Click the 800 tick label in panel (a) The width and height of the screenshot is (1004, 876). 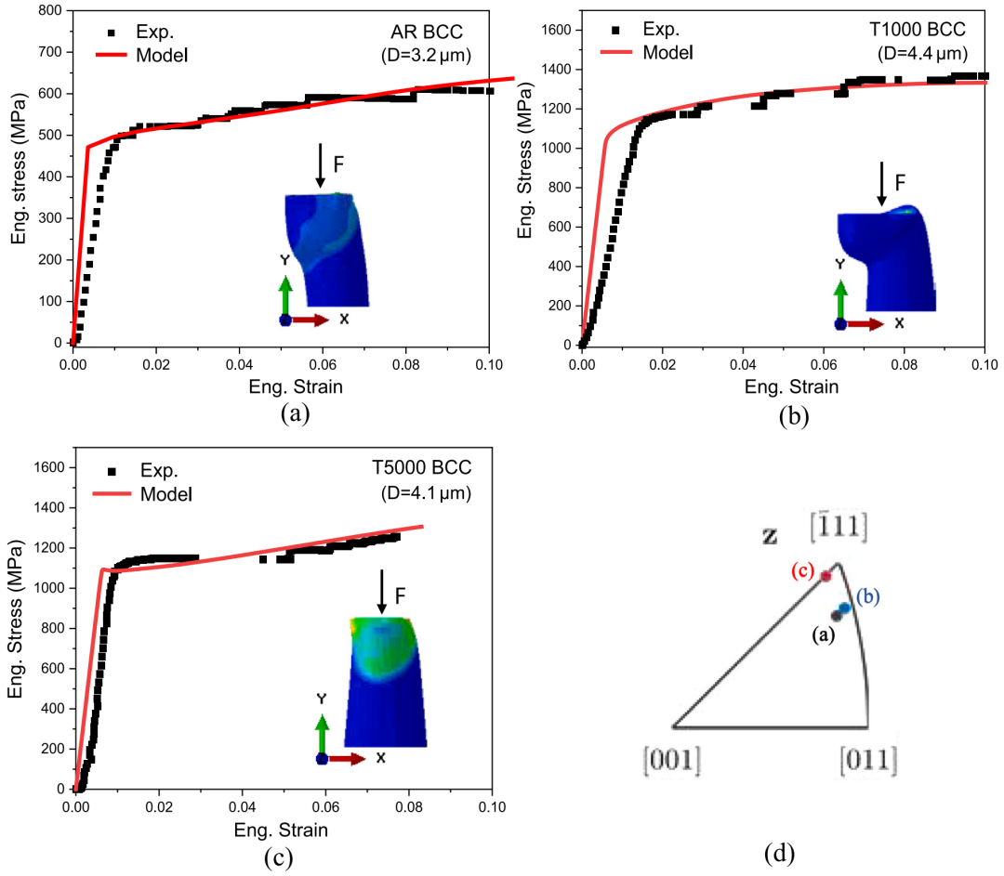tap(48, 11)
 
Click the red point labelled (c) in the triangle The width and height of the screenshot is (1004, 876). tap(825, 576)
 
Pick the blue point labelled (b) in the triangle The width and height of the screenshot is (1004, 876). tap(844, 608)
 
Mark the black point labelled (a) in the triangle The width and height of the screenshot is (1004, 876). tap(837, 615)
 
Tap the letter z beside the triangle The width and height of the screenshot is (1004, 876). tap(769, 536)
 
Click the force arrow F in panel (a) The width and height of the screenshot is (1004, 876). tap(320, 165)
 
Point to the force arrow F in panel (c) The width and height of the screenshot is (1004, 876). tap(381, 592)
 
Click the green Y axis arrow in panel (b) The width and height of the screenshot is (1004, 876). tap(840, 302)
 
